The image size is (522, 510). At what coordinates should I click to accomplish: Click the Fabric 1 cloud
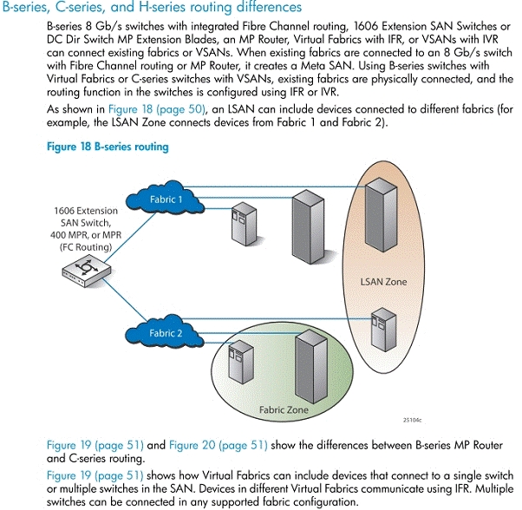(166, 199)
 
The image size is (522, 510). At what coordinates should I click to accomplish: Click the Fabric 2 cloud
(165, 332)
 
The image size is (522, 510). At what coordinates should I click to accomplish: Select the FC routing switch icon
(86, 271)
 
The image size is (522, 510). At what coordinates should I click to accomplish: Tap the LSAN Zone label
(383, 282)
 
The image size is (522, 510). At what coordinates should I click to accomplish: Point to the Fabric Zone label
(284, 409)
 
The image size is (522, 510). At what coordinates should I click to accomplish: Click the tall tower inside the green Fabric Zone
(311, 367)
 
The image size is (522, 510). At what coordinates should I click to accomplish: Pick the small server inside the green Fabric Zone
(241, 363)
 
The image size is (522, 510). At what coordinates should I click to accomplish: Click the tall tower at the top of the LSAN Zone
(381, 214)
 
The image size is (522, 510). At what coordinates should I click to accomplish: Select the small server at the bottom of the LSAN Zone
(384, 330)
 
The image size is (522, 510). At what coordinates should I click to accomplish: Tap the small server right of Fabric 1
(244, 224)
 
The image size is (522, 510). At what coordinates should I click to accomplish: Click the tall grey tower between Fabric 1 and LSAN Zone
(308, 227)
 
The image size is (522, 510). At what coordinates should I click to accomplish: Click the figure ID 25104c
(412, 420)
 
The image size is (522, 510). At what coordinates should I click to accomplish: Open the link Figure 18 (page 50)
(156, 109)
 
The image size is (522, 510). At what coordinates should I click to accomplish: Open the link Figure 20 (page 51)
(219, 445)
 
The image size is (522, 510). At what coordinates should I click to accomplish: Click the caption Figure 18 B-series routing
(108, 147)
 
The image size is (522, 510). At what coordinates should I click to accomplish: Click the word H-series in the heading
(161, 7)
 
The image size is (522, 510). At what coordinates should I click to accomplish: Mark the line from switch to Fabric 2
(125, 300)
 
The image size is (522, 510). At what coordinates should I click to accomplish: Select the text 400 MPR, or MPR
(86, 235)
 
